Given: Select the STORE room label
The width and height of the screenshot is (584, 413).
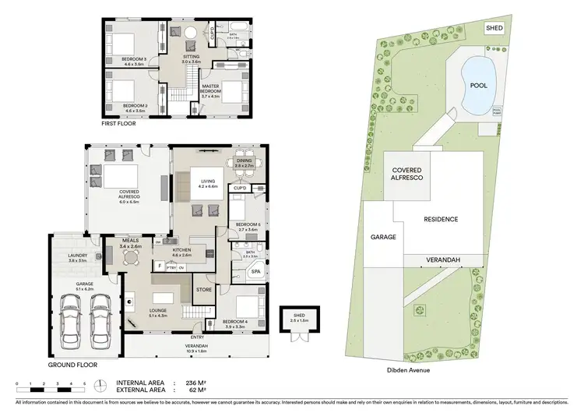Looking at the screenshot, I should (204, 290).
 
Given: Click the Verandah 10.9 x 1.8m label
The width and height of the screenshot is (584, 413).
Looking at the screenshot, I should (196, 348).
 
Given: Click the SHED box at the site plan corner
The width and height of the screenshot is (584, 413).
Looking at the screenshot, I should (494, 28).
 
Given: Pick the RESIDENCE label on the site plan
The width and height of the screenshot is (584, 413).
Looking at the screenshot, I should (441, 220).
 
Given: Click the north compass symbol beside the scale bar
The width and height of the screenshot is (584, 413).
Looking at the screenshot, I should (101, 386).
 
